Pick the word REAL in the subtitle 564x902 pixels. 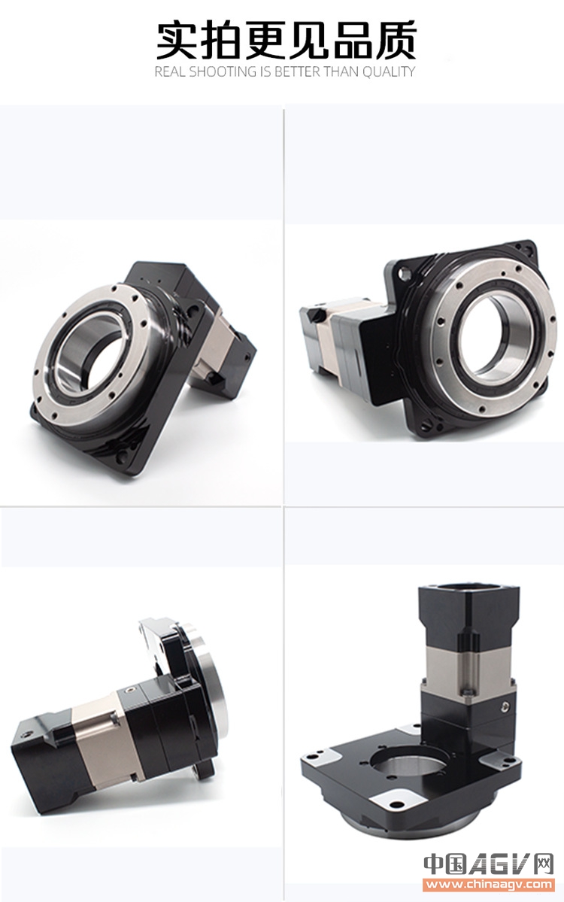(170, 72)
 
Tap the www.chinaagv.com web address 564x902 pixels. (489, 884)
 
